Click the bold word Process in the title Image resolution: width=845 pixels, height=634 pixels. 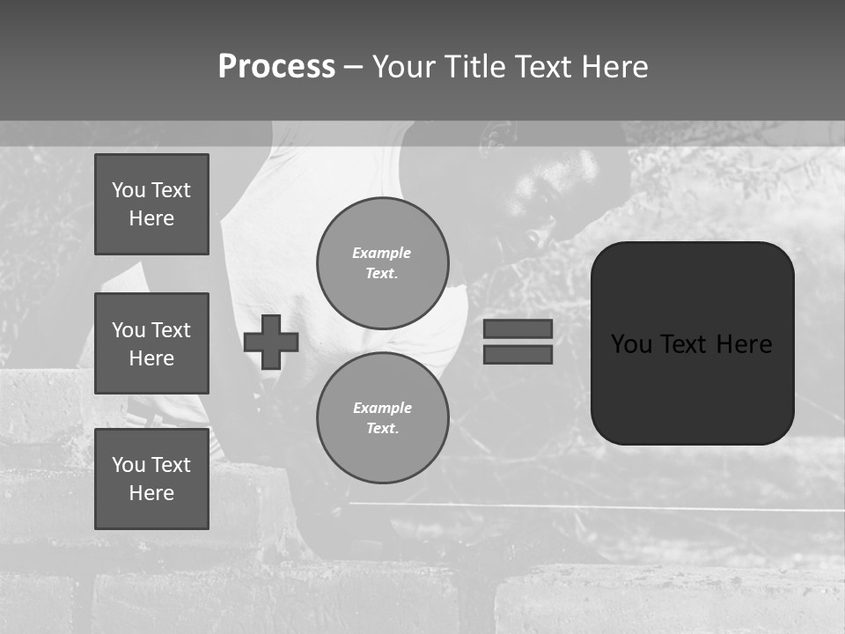coord(276,67)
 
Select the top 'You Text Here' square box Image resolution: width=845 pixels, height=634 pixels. coord(151,204)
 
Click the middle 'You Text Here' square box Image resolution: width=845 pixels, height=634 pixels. coord(151,343)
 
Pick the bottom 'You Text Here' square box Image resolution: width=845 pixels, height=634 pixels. coord(151,479)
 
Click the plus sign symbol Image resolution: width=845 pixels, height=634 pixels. coord(271,342)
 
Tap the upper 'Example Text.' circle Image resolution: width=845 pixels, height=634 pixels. coord(382,262)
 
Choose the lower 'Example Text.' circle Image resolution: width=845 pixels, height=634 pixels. coord(382,417)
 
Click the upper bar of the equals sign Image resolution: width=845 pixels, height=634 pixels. coord(518,328)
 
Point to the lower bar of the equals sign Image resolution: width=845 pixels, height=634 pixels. coord(518,354)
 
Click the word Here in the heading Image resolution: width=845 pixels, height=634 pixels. coord(614,67)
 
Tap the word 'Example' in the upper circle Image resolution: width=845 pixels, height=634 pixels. coord(382,253)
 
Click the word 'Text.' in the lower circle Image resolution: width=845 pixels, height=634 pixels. coord(382,428)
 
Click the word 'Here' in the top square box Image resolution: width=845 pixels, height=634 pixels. coord(151,218)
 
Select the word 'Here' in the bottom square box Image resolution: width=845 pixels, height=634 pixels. coord(151,493)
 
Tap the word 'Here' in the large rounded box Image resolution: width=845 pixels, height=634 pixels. coord(744,343)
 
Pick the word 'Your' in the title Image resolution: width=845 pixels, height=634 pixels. coord(405,67)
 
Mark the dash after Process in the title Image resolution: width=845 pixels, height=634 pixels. coord(353,67)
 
